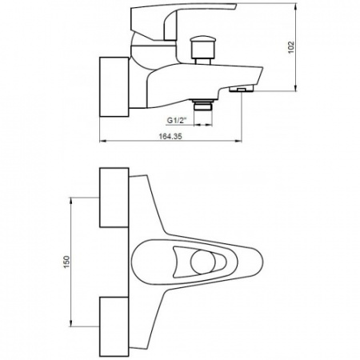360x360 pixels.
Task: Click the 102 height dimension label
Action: pos(291,47)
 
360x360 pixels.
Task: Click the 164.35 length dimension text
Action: pos(170,136)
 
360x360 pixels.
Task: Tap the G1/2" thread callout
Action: pos(176,121)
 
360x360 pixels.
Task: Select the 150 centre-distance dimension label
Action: pos(66,262)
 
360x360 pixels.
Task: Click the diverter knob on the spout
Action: pos(202,50)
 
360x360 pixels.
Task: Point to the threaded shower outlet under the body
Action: pos(203,105)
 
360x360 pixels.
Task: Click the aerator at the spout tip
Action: pos(241,90)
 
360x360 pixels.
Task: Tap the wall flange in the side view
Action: pos(114,86)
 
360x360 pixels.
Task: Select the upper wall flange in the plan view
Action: pos(114,198)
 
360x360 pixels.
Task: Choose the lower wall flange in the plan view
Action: pos(114,326)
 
